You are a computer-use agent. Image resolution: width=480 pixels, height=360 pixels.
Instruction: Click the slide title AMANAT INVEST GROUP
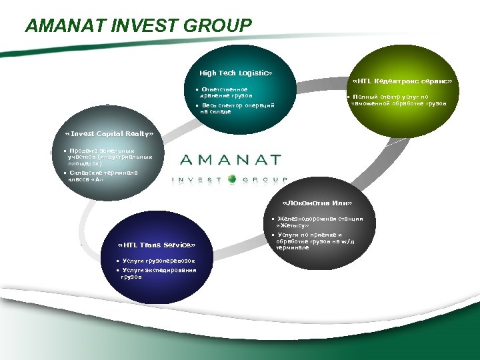[x=139, y=26]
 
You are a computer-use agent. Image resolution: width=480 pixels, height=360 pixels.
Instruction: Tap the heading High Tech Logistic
[x=236, y=72]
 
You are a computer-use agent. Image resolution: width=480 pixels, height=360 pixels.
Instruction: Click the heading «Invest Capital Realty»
[x=109, y=134]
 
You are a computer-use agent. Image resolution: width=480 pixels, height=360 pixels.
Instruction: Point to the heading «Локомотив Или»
[x=317, y=203]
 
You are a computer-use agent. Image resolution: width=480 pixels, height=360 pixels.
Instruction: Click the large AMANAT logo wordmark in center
[x=231, y=161]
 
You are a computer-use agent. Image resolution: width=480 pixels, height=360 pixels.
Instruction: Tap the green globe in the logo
[x=232, y=179]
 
